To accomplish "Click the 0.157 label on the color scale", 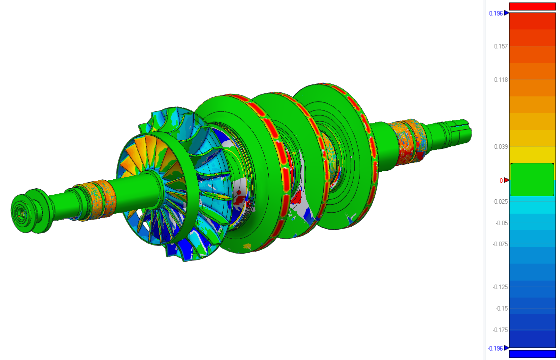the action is [x=501, y=46].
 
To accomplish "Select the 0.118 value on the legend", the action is [x=501, y=80].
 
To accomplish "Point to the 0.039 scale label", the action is [x=501, y=147].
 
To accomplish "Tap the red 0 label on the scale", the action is [x=501, y=181].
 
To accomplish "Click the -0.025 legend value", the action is [x=500, y=202].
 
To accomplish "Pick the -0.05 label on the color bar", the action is [x=502, y=223].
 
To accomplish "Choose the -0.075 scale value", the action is [x=500, y=244].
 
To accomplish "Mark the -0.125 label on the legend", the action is [x=500, y=287].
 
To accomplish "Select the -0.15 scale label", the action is [x=502, y=309].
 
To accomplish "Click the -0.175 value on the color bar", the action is [x=500, y=330].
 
